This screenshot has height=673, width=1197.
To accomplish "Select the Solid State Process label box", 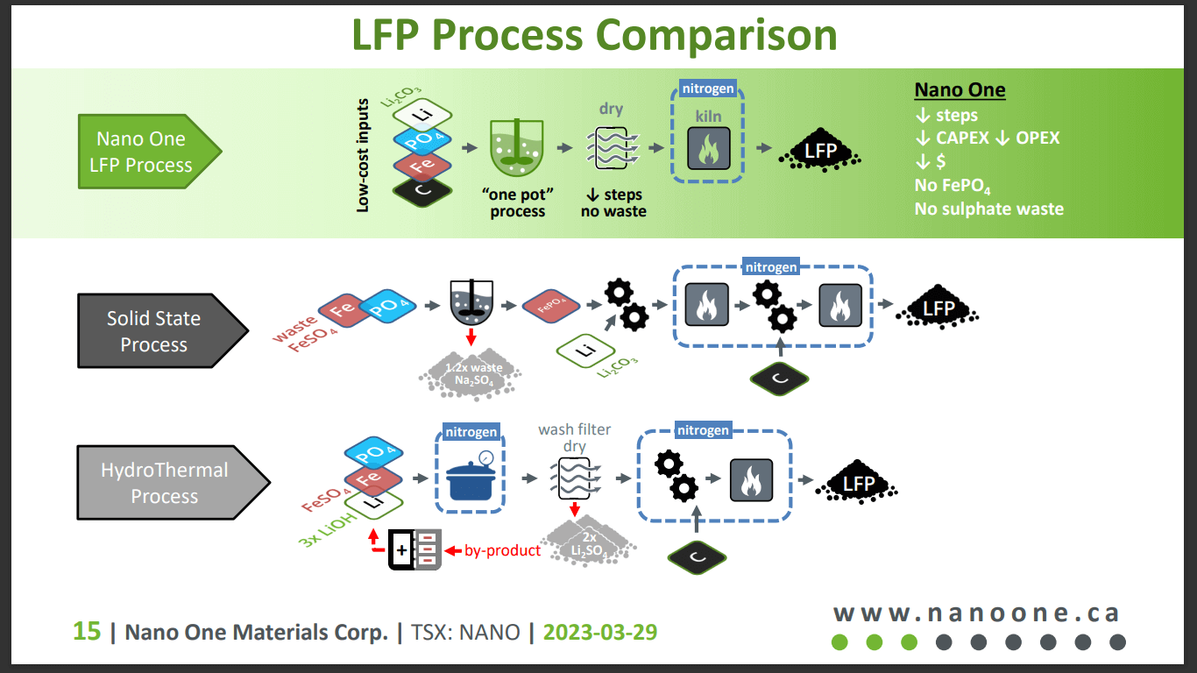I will tap(154, 331).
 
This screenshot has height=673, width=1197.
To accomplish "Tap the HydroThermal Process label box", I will tap(165, 483).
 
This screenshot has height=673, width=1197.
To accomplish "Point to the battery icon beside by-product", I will tap(414, 550).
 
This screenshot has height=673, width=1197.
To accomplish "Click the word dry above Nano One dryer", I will tap(611, 109).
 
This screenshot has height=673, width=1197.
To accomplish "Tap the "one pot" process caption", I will tap(517, 202).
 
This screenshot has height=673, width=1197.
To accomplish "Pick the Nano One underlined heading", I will tap(960, 89).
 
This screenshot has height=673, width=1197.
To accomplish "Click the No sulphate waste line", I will tap(988, 209).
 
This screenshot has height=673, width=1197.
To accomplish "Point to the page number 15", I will tap(86, 632).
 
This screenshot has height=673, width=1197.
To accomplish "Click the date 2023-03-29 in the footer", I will tap(600, 632).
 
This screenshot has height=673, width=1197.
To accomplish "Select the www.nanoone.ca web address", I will tap(976, 613).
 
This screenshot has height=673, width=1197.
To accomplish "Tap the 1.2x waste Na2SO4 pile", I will tap(473, 375).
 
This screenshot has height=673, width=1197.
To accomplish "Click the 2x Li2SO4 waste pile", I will tap(588, 544).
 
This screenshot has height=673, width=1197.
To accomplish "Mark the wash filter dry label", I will tap(574, 437).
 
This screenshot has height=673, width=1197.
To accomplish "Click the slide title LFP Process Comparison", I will tap(594, 35).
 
